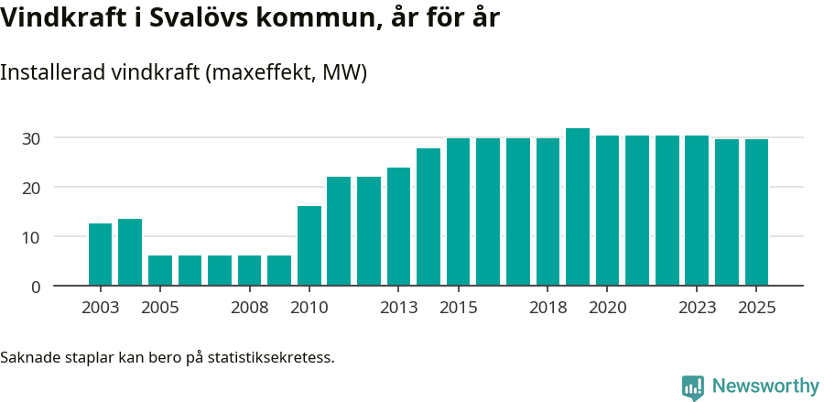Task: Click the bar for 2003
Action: (x=100, y=255)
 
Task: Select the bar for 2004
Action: (x=130, y=252)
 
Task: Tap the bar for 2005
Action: (x=160, y=270)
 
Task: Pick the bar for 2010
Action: (x=309, y=245)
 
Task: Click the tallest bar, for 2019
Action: (x=578, y=207)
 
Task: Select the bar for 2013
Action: (x=398, y=226)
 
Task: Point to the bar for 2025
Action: (x=756, y=212)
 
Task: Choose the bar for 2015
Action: (x=458, y=212)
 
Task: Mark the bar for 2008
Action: (x=249, y=270)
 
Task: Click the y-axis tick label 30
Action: (x=32, y=138)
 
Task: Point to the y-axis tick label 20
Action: (x=32, y=188)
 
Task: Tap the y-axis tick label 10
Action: (x=32, y=237)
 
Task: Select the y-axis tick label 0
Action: (x=36, y=287)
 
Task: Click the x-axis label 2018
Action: (x=548, y=308)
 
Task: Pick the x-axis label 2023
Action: (x=697, y=308)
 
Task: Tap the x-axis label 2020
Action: (x=607, y=308)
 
